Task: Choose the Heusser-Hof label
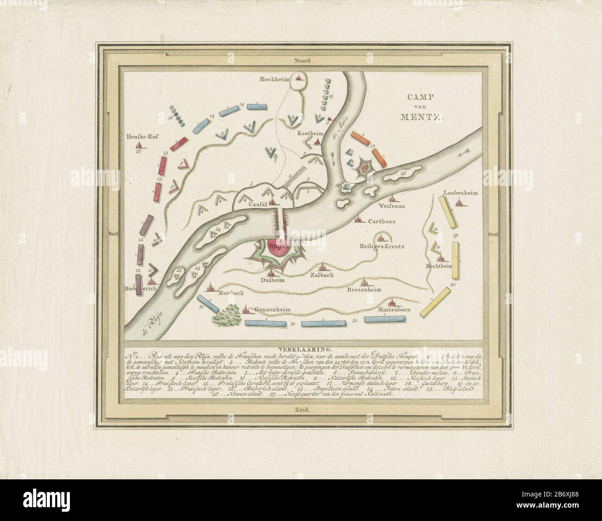(138, 137)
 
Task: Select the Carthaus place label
(381, 222)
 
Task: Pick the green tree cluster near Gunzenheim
(226, 316)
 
